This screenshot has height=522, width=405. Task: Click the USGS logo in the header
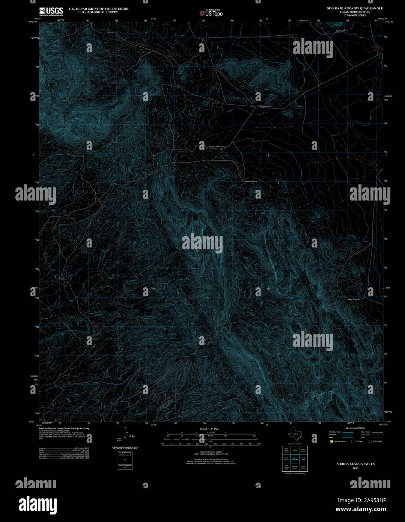tap(51, 11)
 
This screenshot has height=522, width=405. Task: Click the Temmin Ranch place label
tap(251, 181)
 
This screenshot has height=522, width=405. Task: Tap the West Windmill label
tap(354, 299)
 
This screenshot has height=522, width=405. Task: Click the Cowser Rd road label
tap(340, 30)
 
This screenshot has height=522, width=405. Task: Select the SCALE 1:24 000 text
tap(209, 428)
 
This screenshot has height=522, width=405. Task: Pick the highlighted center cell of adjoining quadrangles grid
tap(295, 459)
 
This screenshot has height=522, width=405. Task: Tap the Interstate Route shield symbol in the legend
tap(331, 441)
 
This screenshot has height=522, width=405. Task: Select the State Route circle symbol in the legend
tap(370, 441)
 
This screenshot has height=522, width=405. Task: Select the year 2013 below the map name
tap(355, 468)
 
